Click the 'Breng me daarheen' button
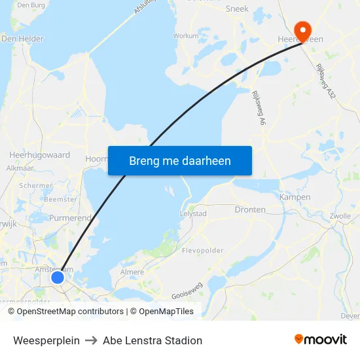(180, 161)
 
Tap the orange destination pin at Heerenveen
(303, 29)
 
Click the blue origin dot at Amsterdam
(58, 278)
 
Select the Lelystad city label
(193, 213)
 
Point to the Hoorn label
(96, 158)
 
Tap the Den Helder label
(22, 39)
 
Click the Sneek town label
(237, 9)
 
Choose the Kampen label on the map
(295, 197)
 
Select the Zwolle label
(340, 216)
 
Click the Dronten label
(250, 210)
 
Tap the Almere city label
(132, 272)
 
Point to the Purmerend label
(70, 217)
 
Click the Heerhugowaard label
(39, 155)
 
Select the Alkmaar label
(19, 168)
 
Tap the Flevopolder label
(202, 250)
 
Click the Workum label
(186, 37)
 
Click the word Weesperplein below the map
(46, 340)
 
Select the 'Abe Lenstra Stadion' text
(153, 340)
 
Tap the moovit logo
(321, 340)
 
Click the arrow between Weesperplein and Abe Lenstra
(91, 340)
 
